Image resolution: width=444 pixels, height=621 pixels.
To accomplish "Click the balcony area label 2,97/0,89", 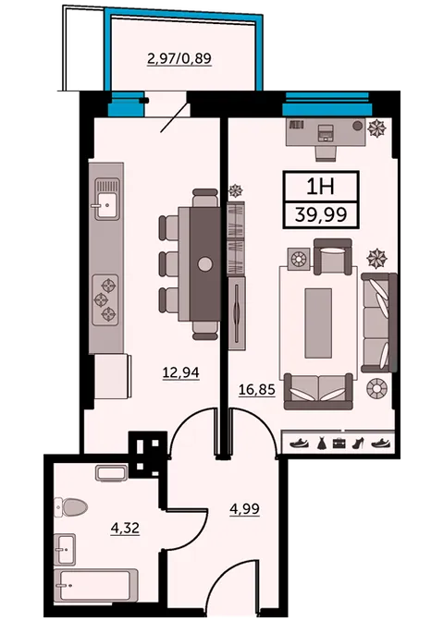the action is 179,58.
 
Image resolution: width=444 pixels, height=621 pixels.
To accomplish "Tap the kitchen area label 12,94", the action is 180,372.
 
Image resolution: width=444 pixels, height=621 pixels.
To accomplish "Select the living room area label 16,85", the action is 257,390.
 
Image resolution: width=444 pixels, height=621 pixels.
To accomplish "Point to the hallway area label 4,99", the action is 244,508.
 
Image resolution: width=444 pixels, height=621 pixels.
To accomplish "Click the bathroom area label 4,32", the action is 125,528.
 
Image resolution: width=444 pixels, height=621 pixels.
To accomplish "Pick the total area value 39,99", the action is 321,215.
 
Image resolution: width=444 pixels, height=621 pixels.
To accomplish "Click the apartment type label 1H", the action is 321,187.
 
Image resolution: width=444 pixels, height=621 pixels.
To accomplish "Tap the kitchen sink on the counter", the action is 106,200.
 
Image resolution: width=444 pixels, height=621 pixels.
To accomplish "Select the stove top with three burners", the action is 105,299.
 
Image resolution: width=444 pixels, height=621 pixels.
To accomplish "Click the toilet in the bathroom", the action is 71,506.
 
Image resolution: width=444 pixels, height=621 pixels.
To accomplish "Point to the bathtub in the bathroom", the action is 96,585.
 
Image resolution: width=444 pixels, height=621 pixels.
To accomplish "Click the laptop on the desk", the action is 327,133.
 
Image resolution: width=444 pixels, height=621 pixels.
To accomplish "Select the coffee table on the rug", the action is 318,323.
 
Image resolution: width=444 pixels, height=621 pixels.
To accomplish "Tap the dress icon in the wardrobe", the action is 321,443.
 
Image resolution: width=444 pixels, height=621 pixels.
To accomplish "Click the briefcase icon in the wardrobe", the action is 339,444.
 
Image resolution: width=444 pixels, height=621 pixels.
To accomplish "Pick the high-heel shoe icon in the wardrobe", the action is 358,443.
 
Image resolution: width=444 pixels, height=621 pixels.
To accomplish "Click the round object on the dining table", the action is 205,264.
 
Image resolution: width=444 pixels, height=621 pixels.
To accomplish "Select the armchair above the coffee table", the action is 333,257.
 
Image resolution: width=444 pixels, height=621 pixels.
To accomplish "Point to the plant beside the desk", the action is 376,128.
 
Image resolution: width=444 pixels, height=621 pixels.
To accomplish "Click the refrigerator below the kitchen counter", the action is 113,376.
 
